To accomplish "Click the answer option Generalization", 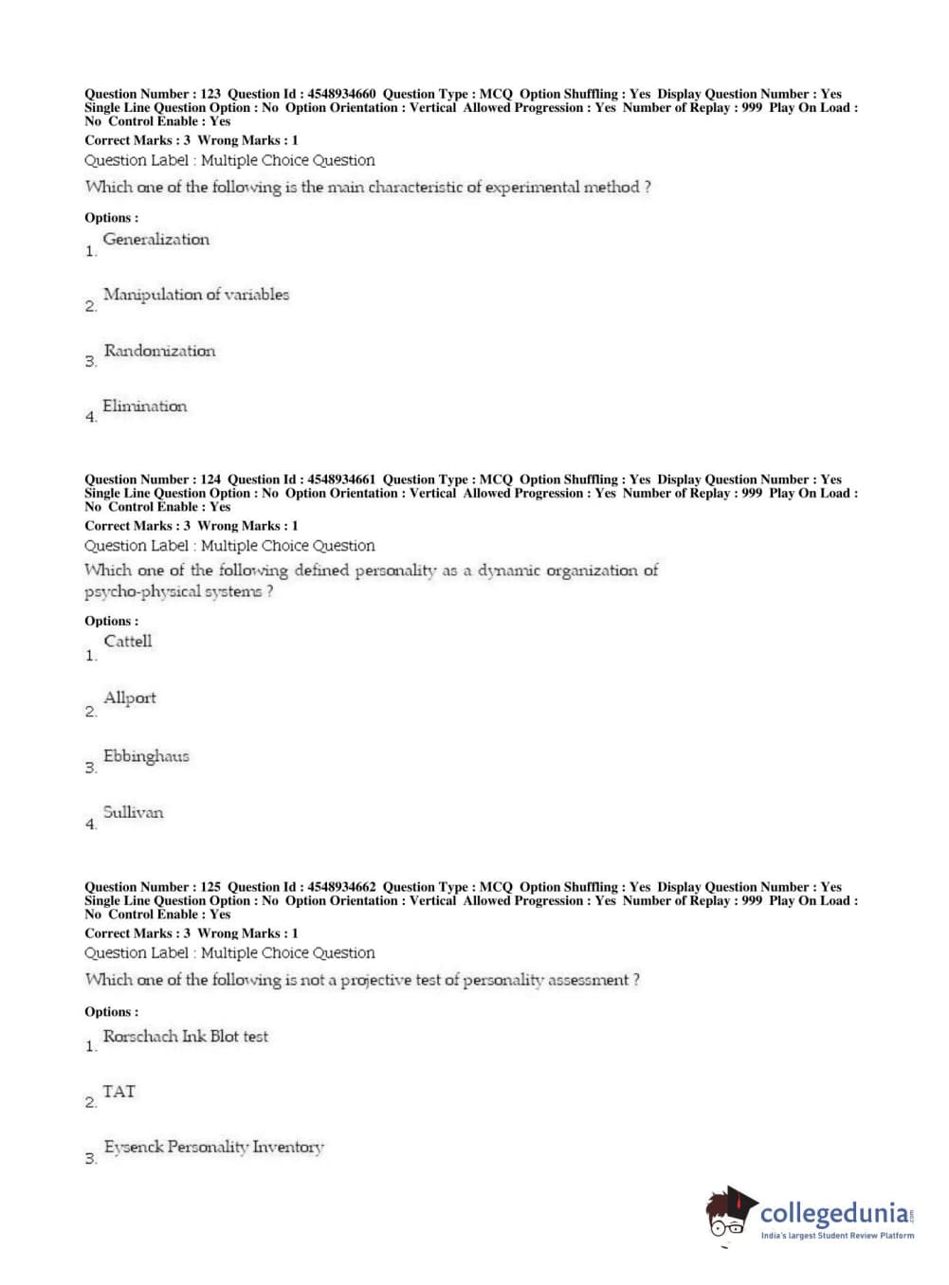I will (156, 240).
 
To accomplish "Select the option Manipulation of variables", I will (196, 295).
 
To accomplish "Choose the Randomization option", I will (159, 351).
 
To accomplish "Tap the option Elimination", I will (145, 407).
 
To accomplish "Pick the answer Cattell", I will (128, 642).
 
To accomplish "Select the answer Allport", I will (130, 698).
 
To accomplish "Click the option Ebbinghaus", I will (146, 756).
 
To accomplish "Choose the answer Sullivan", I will (133, 812).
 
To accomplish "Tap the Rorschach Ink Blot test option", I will (186, 1037).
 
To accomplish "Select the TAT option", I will (119, 1092).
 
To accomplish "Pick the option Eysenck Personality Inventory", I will (213, 1148).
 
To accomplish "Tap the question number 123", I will (210, 94).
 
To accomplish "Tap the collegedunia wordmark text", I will (834, 1213).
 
